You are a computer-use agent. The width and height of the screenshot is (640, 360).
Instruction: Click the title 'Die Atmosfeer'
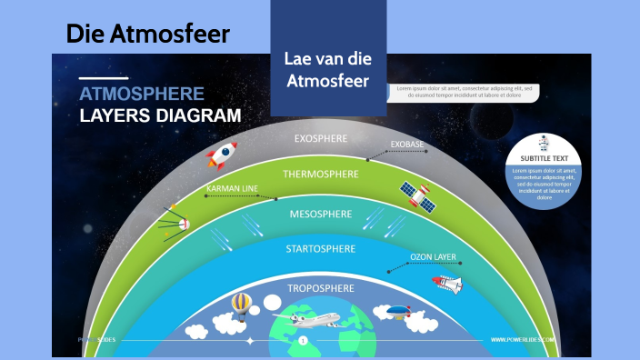point(148,34)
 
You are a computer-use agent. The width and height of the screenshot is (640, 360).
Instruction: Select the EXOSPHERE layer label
point(319,139)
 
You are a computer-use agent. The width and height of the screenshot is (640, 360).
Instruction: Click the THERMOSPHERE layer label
point(319,173)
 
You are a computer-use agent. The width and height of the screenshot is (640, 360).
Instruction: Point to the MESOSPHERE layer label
point(320,214)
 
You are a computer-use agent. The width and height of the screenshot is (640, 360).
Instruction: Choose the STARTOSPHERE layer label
point(321,248)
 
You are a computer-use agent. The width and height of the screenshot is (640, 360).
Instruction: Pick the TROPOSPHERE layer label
point(320,288)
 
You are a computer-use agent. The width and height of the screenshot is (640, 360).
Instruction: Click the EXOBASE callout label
point(407,145)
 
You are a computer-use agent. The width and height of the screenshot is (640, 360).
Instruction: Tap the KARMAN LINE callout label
point(232,189)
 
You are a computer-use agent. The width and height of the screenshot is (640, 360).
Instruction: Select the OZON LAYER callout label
point(433,257)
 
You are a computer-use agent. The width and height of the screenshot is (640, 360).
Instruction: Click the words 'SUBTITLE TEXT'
point(544,157)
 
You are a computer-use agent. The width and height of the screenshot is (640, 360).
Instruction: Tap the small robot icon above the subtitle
point(544,142)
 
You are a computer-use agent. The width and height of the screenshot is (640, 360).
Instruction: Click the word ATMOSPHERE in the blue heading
point(141,94)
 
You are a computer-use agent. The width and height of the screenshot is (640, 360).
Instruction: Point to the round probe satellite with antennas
point(178,221)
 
